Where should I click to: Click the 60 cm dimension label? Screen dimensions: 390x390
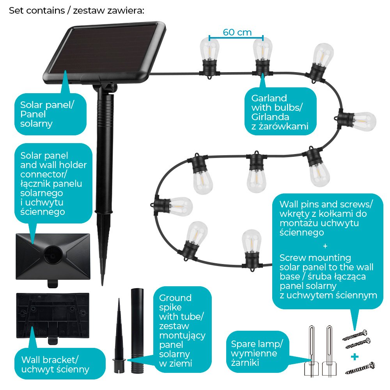coord(237,32)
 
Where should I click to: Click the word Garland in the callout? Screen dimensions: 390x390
coord(269,98)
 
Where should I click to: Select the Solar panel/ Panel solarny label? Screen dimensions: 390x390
coord(47,114)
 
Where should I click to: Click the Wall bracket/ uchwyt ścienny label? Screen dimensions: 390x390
coord(55,365)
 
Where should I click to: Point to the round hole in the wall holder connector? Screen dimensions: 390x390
coord(53,255)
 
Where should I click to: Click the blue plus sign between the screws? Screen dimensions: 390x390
coord(355,357)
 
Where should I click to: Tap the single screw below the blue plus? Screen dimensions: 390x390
coord(360,368)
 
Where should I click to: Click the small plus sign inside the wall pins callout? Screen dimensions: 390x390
coord(325,246)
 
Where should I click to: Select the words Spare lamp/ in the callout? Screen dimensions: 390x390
coord(257,344)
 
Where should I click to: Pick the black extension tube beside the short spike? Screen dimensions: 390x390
coord(137,330)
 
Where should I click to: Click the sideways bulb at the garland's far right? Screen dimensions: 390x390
coord(357,121)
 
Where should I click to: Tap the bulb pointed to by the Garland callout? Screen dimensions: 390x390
coord(262,57)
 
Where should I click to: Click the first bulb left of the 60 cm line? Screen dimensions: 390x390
coord(209,58)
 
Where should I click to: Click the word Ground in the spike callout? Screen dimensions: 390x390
coord(175,298)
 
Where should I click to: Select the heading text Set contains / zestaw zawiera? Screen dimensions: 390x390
coord(76,11)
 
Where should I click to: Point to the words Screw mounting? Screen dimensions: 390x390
coord(315,258)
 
